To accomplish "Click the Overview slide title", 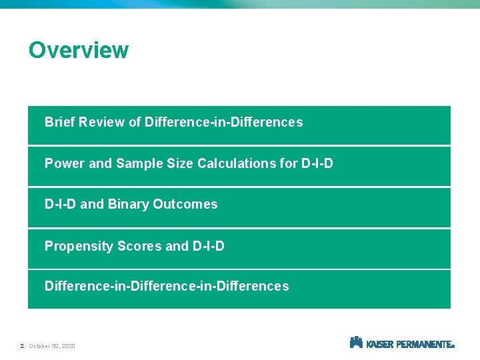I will (x=78, y=50).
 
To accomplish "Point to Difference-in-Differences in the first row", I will (x=223, y=123).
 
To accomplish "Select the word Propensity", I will (x=79, y=247).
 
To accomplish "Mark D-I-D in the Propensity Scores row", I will (x=208, y=247).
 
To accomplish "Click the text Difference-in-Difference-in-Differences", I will (x=167, y=287).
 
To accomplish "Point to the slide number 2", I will (x=22, y=346).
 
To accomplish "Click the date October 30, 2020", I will (x=52, y=346).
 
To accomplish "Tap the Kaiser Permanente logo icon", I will (x=356, y=342).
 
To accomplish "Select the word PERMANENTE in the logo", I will (x=423, y=345).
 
